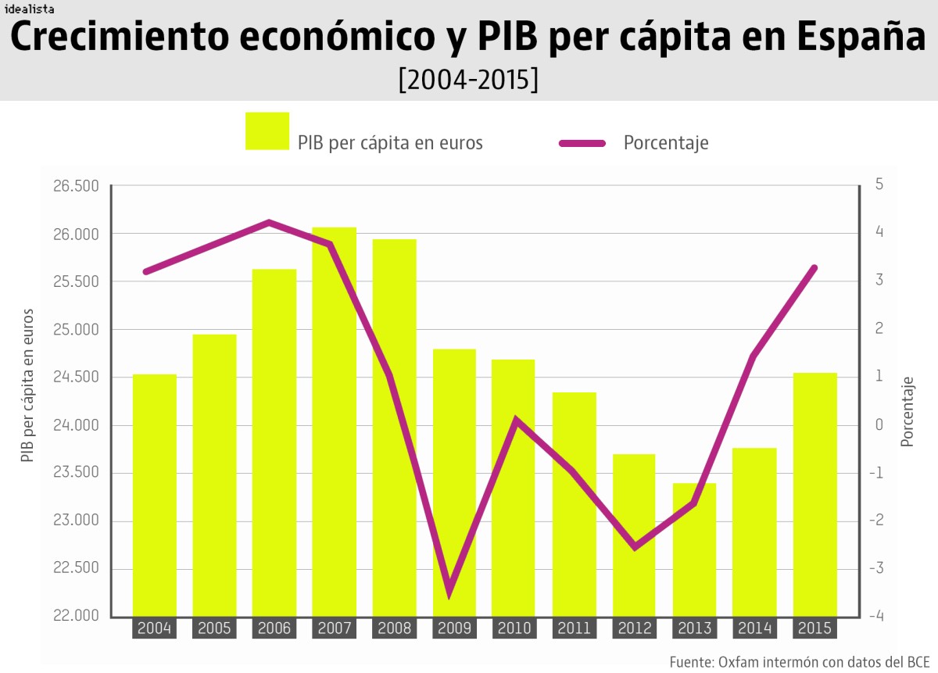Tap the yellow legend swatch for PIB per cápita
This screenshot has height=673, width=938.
coord(267,131)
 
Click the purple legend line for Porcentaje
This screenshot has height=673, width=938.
coord(582,143)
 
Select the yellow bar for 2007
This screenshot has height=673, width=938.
coord(334,422)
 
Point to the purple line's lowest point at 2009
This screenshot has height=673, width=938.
coord(449,593)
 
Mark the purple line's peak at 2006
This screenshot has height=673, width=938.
coord(269,223)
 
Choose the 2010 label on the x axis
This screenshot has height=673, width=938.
coord(514,628)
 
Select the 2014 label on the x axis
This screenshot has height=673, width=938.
coord(754,628)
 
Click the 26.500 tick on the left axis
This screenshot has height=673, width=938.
coord(76,186)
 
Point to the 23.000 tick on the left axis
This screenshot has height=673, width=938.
coord(76,521)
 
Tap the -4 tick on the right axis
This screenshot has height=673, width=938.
coord(879,616)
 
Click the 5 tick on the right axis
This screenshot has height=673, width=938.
coord(879,185)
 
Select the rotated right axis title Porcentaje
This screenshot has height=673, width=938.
coord(908,412)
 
